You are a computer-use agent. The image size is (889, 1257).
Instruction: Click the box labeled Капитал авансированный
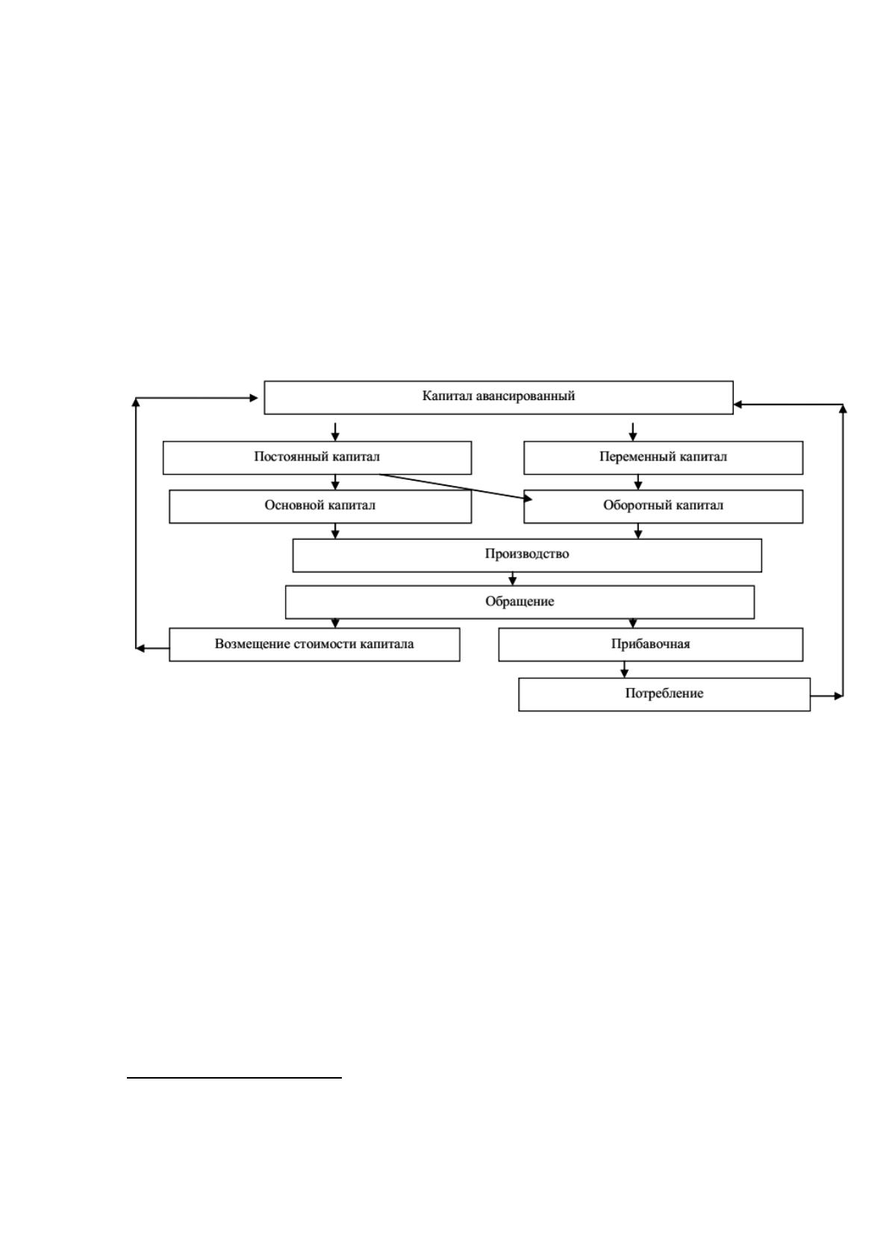(499, 397)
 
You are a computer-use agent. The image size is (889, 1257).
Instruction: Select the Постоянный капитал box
(317, 458)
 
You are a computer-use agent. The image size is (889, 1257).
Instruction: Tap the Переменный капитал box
(663, 458)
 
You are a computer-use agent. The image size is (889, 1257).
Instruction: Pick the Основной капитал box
(320, 506)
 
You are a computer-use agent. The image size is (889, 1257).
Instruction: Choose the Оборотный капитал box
(663, 506)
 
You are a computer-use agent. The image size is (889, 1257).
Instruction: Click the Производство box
(527, 555)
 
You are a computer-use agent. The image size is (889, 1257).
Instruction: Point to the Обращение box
(520, 602)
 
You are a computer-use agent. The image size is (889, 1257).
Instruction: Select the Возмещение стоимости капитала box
(314, 644)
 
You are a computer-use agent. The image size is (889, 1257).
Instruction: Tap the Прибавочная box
(650, 644)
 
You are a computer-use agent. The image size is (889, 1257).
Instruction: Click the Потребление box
(664, 694)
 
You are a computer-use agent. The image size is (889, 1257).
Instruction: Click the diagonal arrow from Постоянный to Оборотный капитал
(456, 487)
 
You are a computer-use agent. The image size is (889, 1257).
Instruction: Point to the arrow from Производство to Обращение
(512, 578)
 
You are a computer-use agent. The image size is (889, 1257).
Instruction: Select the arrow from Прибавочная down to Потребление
(624, 670)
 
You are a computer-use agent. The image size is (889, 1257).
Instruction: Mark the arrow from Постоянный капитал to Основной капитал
(335, 482)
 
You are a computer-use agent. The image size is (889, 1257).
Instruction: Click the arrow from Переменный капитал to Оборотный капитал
(637, 482)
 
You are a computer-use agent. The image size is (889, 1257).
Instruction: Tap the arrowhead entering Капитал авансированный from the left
(254, 398)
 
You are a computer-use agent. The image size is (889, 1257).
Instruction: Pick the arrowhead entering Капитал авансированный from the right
(738, 404)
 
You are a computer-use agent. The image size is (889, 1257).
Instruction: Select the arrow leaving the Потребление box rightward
(827, 696)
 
